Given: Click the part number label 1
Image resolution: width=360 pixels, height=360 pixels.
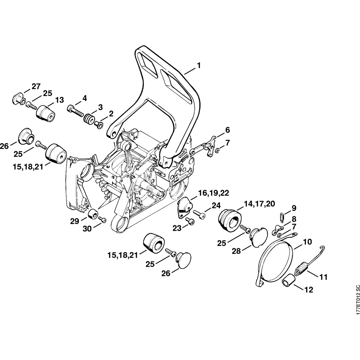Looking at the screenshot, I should (x=198, y=66).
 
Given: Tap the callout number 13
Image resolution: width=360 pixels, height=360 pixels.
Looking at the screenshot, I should (x=59, y=100).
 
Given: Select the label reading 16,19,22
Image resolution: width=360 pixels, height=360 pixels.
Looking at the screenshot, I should (x=213, y=193).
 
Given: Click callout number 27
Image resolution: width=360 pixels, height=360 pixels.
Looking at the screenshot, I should (x=36, y=86).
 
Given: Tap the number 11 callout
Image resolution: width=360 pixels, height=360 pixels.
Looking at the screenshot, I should (x=323, y=277).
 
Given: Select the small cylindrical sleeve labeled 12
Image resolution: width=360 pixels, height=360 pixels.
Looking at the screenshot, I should (x=289, y=280).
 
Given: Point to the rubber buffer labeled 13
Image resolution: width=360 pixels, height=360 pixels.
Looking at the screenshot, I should (x=45, y=112).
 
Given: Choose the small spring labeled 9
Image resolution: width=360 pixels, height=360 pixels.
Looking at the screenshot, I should (x=282, y=217).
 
